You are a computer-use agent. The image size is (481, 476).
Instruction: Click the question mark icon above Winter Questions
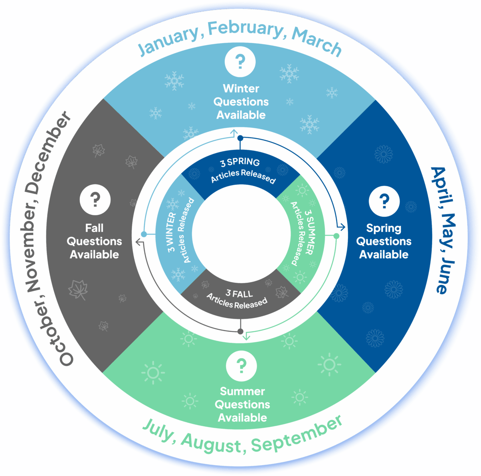[x=240, y=62]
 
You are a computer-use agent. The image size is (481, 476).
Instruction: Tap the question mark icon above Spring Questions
[x=384, y=201]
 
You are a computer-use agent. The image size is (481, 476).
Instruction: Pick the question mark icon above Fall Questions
[x=95, y=199]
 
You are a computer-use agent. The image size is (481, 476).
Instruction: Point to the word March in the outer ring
[x=317, y=42]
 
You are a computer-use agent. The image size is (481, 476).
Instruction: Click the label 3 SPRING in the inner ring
[x=240, y=163]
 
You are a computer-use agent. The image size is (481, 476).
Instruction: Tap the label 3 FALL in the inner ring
[x=239, y=294]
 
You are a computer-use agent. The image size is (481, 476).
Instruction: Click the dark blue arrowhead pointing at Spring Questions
[x=342, y=227]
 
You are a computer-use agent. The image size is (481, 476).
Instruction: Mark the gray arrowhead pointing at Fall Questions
[x=138, y=242]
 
